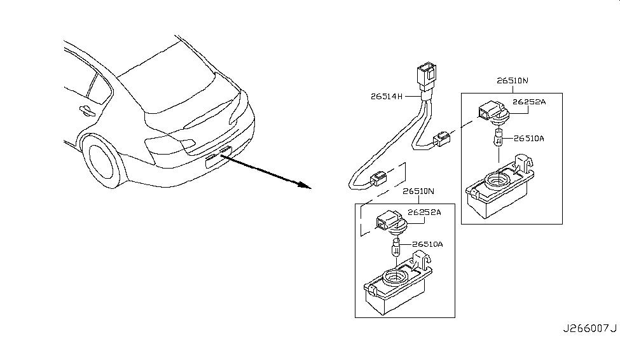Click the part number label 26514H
pos(387,96)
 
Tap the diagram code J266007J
pos(589,328)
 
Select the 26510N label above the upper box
pos(512,80)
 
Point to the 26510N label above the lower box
pos(418,191)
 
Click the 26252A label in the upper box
pos(529,102)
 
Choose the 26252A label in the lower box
pos(424,212)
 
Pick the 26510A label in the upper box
pos(528,139)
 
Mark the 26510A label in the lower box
pos(427,244)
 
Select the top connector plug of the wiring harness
pos(427,76)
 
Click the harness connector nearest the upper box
pos(442,139)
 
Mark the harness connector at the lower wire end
pos(379,179)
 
